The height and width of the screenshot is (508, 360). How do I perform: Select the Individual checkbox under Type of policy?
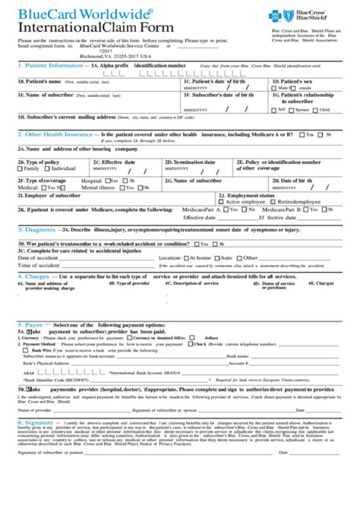(x=49, y=169)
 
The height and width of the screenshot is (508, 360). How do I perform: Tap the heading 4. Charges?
(x=33, y=276)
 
